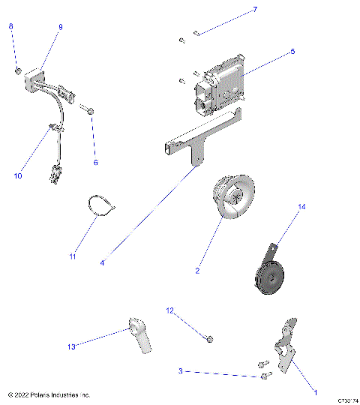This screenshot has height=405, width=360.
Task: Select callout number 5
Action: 292,52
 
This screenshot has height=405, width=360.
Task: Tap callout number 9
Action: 61,27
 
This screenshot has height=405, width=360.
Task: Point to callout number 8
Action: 10,26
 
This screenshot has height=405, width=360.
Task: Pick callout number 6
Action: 95,163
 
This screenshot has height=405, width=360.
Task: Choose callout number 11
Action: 73,257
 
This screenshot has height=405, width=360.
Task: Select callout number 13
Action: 72,346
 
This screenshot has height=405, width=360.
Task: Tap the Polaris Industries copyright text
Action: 49,394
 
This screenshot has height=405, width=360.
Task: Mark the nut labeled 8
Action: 17,70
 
